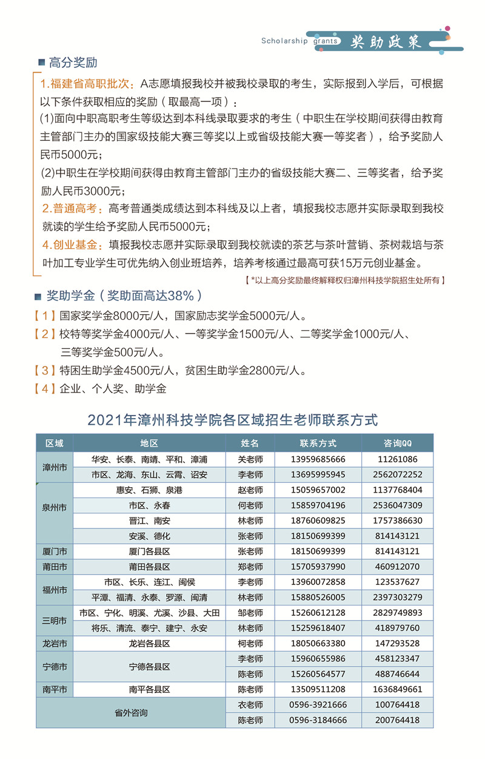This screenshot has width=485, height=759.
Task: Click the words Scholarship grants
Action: (x=298, y=41)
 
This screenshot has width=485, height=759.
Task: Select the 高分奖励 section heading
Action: (x=73, y=63)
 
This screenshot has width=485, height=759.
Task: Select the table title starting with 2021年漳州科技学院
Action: (x=233, y=419)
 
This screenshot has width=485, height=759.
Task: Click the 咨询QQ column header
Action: (x=397, y=444)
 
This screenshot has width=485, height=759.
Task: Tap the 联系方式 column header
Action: (x=318, y=444)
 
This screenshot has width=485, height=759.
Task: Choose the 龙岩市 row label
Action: (x=55, y=643)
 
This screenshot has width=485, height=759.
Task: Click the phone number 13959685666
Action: (x=318, y=459)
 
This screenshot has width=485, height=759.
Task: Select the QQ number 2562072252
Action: (x=397, y=474)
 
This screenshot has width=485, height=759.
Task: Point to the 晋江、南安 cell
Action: (x=149, y=521)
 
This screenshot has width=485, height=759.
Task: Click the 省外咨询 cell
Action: (x=131, y=712)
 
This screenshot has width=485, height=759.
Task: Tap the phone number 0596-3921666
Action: (x=318, y=704)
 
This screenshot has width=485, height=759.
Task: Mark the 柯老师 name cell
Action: (x=250, y=643)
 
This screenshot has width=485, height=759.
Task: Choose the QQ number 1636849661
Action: (x=397, y=689)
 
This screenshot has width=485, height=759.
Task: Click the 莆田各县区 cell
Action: (x=149, y=567)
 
